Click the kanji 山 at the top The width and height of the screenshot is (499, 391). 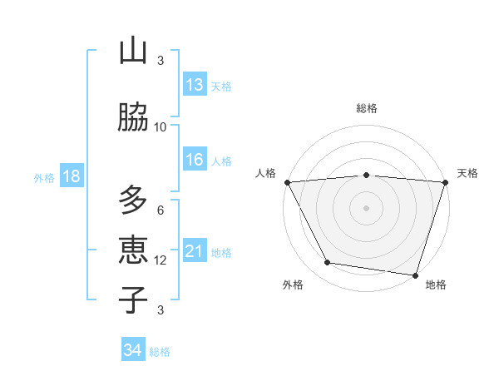click(x=133, y=52)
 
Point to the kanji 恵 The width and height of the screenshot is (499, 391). click(x=133, y=250)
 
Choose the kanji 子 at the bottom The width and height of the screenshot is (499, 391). click(x=133, y=299)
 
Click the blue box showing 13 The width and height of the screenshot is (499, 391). click(x=195, y=85)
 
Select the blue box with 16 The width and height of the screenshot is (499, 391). click(x=195, y=160)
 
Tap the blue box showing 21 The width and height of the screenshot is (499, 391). click(x=195, y=251)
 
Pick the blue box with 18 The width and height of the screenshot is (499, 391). click(x=71, y=176)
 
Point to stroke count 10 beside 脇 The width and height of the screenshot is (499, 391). click(x=161, y=127)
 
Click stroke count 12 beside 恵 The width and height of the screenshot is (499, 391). click(x=161, y=260)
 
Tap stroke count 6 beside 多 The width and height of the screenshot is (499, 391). click(x=161, y=210)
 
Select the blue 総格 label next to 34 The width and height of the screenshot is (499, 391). click(x=160, y=352)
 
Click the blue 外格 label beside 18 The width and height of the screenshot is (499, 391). click(x=44, y=177)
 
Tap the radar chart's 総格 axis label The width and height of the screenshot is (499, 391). click(x=366, y=108)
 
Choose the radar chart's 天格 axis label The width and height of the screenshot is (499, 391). click(x=467, y=173)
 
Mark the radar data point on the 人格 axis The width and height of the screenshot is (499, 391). click(x=287, y=182)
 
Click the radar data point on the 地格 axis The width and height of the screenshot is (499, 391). click(x=415, y=275)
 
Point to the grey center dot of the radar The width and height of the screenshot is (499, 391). click(x=366, y=208)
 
